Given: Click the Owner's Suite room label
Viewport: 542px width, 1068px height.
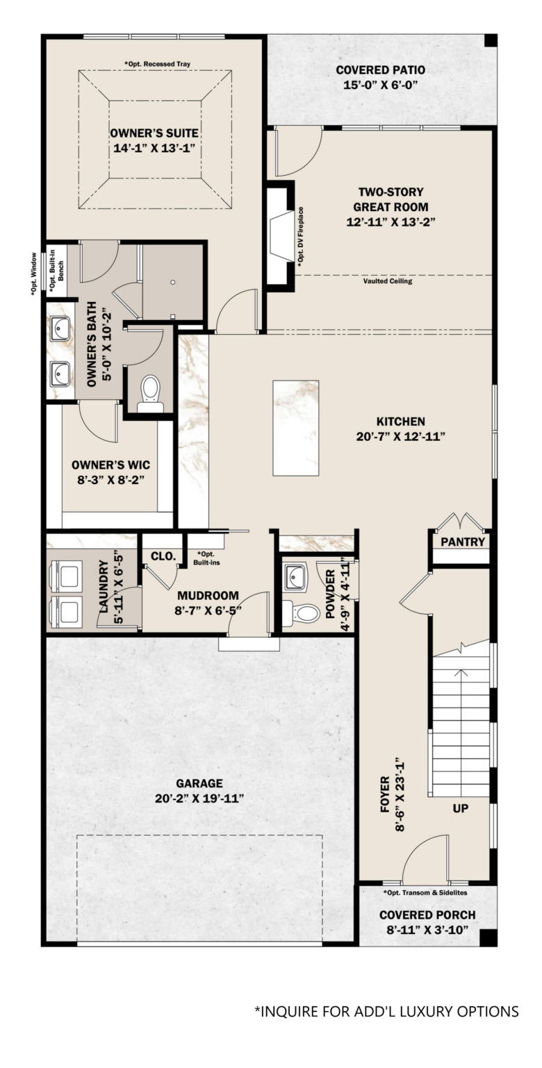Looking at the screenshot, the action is (154, 133).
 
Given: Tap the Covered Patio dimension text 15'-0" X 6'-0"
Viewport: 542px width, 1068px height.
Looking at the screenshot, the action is (380, 85).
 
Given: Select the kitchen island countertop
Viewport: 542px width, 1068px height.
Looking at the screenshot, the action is (295, 428).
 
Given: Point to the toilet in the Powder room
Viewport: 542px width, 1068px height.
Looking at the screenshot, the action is (300, 612).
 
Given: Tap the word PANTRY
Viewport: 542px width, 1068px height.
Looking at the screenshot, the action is (462, 542).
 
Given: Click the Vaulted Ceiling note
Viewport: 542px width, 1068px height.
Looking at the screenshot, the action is (388, 281).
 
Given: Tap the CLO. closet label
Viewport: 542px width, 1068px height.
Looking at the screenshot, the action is (163, 556).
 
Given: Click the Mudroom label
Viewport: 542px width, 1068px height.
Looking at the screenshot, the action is (208, 596).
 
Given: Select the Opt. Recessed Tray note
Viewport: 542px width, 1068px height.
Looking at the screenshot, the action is (158, 64).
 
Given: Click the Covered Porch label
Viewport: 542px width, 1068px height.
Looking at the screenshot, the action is (427, 915).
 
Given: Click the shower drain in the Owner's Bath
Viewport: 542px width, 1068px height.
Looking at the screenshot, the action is (173, 282).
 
